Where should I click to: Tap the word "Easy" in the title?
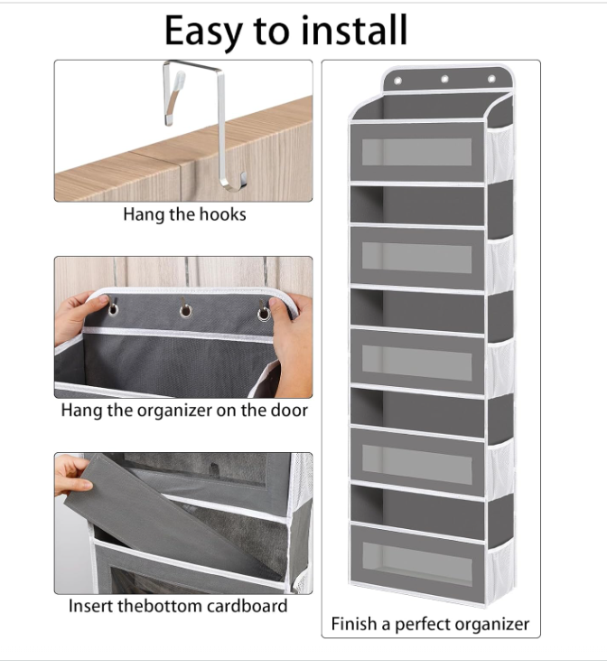tap(203, 32)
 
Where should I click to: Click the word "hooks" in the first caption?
tap(222, 214)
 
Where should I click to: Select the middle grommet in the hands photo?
tap(185, 311)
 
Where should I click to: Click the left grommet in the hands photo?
tap(113, 310)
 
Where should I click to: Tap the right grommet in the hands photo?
tap(264, 314)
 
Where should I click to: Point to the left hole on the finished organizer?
tap(397, 80)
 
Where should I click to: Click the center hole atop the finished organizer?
tap(444, 79)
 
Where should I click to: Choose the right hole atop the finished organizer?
tap(491, 79)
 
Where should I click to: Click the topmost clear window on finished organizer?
tap(416, 152)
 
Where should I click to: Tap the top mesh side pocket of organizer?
tap(500, 154)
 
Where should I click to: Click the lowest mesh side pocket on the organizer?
tap(500, 570)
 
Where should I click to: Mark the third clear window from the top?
tap(417, 363)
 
